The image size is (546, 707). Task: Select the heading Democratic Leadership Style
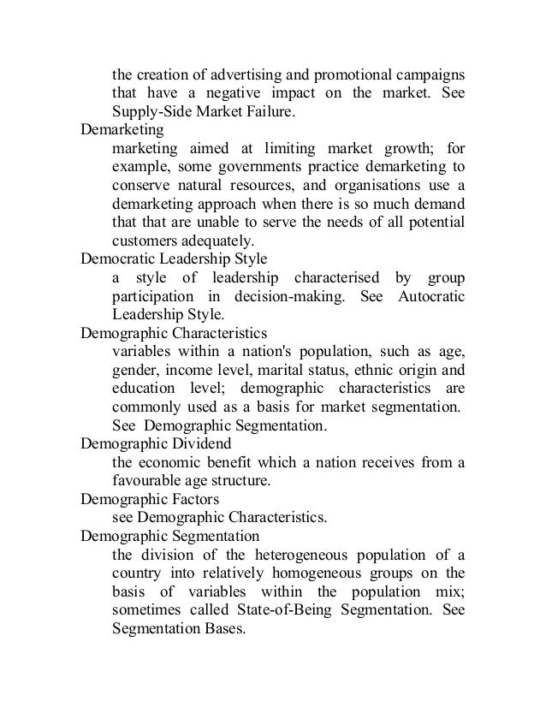[x=174, y=258]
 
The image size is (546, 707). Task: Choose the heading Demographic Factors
[x=150, y=497]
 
